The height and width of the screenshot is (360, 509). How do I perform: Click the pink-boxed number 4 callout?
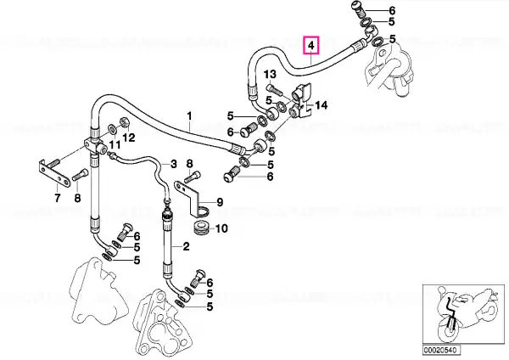tap(311, 45)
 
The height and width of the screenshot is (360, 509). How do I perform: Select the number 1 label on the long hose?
tap(189, 116)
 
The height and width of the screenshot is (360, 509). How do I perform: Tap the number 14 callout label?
tap(322, 105)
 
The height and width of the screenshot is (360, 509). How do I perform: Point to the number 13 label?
tap(270, 75)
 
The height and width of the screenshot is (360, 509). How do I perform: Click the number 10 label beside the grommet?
tap(221, 228)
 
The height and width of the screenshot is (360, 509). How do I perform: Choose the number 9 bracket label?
tap(220, 202)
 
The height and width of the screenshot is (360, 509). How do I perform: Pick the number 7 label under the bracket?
tap(58, 198)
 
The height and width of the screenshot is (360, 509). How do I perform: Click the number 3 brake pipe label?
tap(174, 164)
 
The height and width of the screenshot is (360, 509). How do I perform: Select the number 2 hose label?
tap(186, 246)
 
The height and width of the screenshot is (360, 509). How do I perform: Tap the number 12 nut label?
tap(129, 138)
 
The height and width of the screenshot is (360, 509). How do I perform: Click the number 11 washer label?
tap(115, 144)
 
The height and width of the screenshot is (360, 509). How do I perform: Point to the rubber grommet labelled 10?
tap(200, 228)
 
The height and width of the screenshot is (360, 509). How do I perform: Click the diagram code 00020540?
tap(441, 351)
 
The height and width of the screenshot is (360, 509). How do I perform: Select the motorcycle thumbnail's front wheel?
tap(448, 329)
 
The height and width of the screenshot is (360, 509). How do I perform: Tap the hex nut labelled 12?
tap(125, 122)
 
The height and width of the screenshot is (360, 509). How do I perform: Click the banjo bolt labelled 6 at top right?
tap(358, 9)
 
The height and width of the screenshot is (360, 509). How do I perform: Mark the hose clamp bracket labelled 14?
tap(303, 99)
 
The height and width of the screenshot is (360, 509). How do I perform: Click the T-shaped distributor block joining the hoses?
tap(95, 144)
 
